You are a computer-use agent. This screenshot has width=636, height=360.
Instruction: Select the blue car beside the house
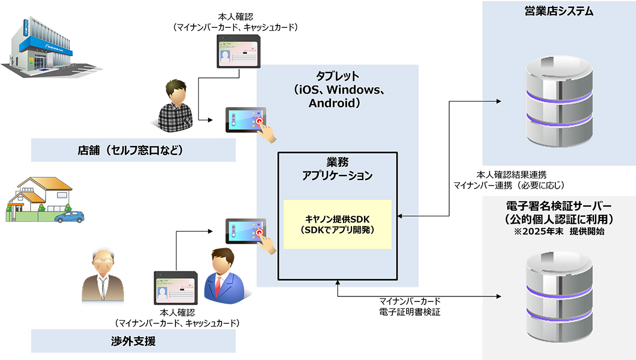pos(69,216)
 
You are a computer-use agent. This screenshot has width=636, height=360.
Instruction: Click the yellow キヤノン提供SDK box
pos(337,224)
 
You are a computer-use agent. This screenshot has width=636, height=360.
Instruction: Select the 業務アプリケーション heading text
pos(337,169)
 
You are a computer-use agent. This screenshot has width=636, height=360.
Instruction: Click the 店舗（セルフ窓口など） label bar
pos(133,151)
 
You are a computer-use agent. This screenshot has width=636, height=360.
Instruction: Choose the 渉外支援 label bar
pos(133,341)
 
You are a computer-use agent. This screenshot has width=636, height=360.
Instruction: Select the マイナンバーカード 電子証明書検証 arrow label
pos(409,306)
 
